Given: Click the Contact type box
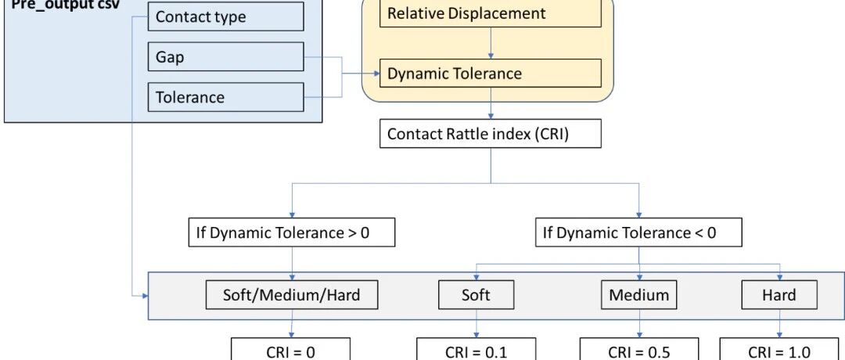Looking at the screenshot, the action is pos(226,16).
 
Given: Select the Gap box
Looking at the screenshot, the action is pos(226,56).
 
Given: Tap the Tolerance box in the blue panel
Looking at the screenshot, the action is pos(226,97).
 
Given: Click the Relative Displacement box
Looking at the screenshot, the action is pos(491,13).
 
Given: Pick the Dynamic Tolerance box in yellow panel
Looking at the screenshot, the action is pos(491,74).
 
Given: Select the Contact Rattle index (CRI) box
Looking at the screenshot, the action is pos(491,134).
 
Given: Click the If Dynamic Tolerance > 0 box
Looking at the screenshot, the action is pos(292,232).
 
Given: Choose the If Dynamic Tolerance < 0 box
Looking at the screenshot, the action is pos(638,232).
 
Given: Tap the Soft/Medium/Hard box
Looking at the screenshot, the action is pos(292,295).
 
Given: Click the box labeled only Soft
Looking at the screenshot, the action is pos(476,295).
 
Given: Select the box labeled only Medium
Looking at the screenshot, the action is pos(639,295).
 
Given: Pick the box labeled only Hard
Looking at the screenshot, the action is pos(779,295).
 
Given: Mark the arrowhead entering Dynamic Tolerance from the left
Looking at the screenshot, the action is pos(376,74).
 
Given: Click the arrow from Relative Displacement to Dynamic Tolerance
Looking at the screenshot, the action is pos(491,43).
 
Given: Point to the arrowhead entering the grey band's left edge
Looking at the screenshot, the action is pos(145,296).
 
